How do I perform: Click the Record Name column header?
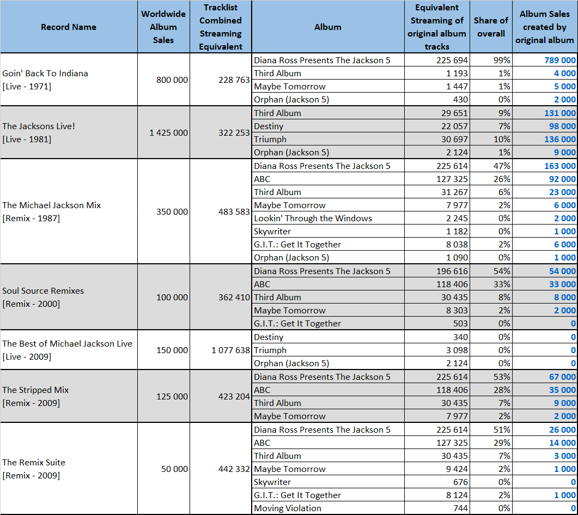(x=69, y=27)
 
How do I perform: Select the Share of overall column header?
(x=491, y=27)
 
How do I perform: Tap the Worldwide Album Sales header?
(x=163, y=27)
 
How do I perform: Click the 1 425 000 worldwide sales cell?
(x=168, y=133)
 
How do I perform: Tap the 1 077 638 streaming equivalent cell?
(x=231, y=350)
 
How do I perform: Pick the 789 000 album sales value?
(x=560, y=60)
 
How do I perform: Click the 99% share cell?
(x=502, y=60)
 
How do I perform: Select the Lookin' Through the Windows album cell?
(x=313, y=218)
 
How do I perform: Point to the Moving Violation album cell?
(x=288, y=508)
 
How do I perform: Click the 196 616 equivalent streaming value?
(x=452, y=271)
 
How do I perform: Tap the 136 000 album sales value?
(x=560, y=139)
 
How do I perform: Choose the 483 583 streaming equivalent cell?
(x=234, y=211)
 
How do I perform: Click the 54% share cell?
(x=502, y=271)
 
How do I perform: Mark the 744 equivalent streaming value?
(x=460, y=508)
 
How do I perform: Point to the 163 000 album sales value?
(x=560, y=166)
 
